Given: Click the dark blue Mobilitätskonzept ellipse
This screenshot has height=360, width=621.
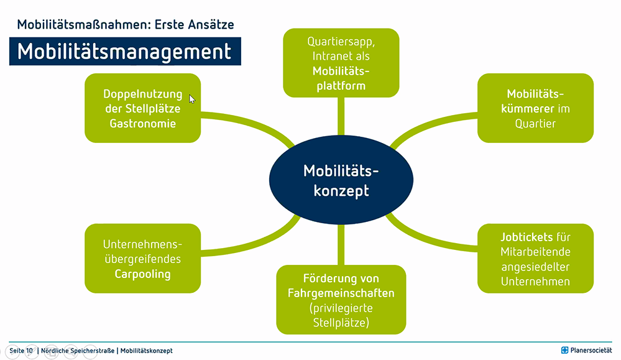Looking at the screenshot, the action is click(341, 180).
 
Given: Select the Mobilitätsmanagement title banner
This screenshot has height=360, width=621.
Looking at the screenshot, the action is click(125, 52).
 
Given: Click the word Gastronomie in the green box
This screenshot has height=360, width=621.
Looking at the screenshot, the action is click(142, 124).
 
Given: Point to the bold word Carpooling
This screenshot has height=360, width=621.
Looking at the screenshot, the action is click(142, 274).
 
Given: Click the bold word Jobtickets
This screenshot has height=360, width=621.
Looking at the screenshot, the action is click(527, 237).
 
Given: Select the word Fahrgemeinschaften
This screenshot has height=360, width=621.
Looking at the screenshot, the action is click(341, 293).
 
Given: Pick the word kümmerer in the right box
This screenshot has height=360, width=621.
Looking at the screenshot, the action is click(528, 109).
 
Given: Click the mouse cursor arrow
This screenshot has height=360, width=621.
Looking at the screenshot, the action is click(192, 99).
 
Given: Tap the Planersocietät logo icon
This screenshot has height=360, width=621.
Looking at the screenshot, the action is click(565, 350).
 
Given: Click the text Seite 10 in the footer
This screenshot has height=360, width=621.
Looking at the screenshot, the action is click(21, 351).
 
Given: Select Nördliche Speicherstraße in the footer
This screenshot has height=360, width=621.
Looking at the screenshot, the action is click(78, 351).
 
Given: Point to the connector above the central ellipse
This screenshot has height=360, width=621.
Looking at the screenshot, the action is click(341, 116).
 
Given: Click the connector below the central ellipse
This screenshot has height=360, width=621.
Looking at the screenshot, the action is click(341, 245).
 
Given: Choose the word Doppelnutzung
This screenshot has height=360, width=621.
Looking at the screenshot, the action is click(142, 95).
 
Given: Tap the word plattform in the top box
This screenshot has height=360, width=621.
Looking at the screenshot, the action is click(341, 86).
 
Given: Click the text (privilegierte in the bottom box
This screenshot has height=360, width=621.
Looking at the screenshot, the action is click(341, 308).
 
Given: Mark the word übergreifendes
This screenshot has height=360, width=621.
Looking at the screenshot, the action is click(142, 259).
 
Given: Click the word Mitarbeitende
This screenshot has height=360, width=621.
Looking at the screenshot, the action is click(535, 252).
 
